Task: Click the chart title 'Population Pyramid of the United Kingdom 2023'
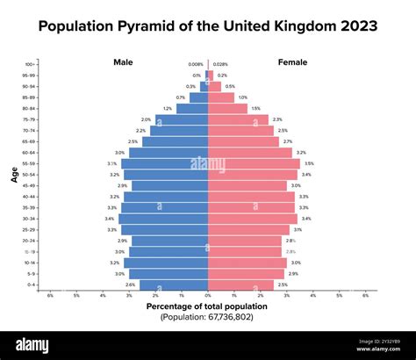[208, 26]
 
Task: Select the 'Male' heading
[123, 62]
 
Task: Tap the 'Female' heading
[292, 62]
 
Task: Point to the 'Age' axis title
[15, 175]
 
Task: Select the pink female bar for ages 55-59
[254, 163]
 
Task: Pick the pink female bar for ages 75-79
[238, 119]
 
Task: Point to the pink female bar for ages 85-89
[221, 97]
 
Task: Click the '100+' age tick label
[31, 64]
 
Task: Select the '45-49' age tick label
[30, 185]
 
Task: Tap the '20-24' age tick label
[30, 241]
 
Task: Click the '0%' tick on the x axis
[208, 296]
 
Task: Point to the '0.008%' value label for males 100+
[196, 64]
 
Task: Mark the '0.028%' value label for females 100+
[220, 64]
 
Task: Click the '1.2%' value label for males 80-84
[168, 109]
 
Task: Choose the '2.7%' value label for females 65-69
[287, 141]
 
